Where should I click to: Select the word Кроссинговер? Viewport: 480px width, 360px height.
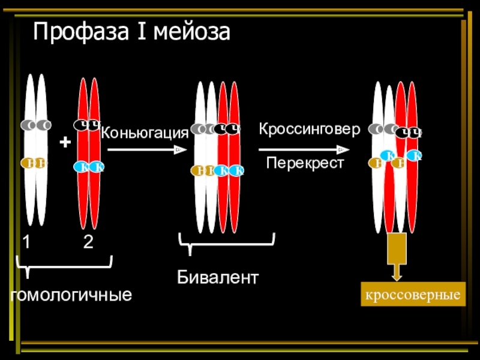(310, 129)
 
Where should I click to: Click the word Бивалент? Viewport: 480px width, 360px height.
(218, 277)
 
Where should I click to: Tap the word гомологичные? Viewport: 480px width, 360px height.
(71, 295)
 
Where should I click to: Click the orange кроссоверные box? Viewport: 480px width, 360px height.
(412, 295)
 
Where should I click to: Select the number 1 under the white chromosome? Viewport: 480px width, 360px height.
(27, 242)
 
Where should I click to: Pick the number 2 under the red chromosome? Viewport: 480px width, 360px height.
(88, 242)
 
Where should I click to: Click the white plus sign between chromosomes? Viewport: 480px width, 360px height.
(65, 143)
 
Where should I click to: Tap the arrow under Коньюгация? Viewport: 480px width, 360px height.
(144, 151)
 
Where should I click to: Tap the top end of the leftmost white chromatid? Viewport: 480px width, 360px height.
(30, 77)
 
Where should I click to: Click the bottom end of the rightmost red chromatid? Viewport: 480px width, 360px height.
(413, 232)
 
